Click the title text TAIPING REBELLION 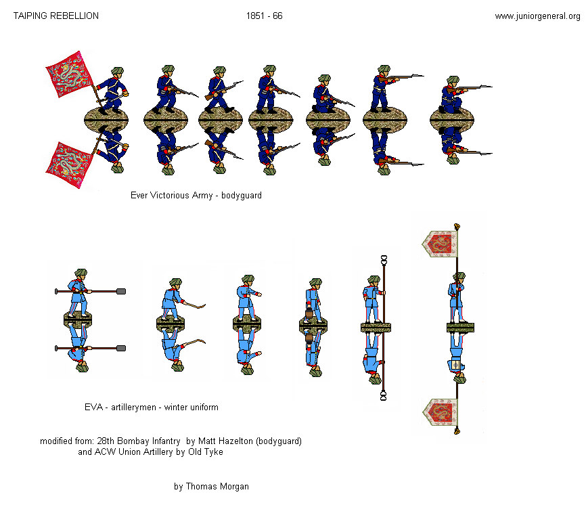(x=56, y=16)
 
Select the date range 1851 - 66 (x=264, y=16)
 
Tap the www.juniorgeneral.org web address (x=537, y=16)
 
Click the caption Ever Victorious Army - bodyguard (x=196, y=195)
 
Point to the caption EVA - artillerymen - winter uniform (x=151, y=408)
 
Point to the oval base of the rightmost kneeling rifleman (x=453, y=119)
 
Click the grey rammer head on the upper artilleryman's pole (x=121, y=292)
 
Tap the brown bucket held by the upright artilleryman (x=309, y=313)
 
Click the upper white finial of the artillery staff (x=384, y=259)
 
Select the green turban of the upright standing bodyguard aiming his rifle (x=384, y=69)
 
